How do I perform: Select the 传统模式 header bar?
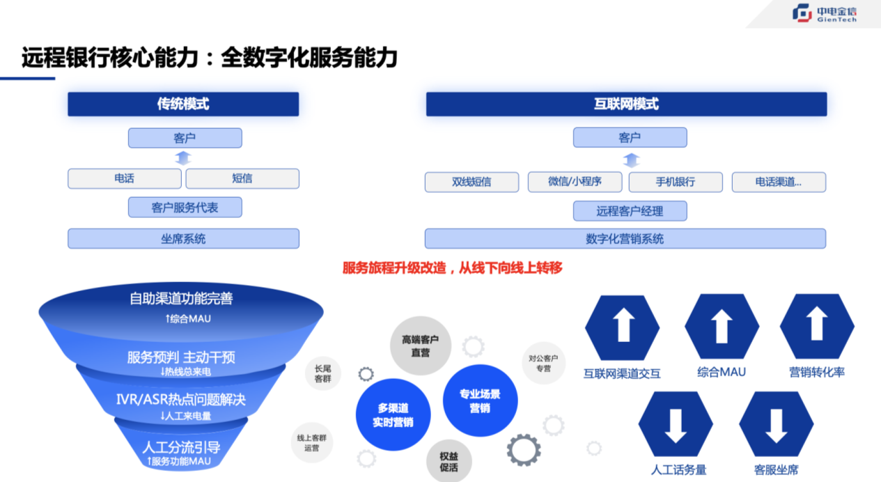[x=183, y=104]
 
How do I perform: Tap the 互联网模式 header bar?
[x=626, y=104]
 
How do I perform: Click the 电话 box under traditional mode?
[x=125, y=178]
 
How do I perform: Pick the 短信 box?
[x=242, y=178]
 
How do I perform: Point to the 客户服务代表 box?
[x=185, y=207]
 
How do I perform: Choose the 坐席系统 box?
[x=183, y=239]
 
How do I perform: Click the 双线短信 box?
[x=471, y=182]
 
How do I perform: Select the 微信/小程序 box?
[x=575, y=182]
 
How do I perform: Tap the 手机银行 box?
[x=675, y=182]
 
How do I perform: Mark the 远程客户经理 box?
[x=630, y=211]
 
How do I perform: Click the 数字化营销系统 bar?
[x=625, y=239]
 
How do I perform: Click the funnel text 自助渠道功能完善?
[x=181, y=299]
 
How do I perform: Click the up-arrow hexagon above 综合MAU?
[x=722, y=327]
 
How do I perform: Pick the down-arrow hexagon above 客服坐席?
[x=776, y=424]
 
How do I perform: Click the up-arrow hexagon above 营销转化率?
[x=817, y=327]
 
